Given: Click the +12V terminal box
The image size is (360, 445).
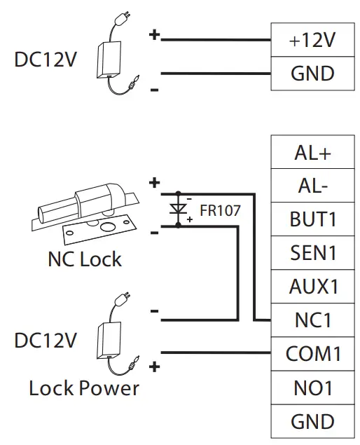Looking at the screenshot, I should [x=312, y=41].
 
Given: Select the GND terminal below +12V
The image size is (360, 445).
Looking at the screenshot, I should [x=312, y=73].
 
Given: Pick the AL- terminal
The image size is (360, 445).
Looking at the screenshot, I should [x=312, y=186].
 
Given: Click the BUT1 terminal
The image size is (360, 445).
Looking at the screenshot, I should [x=312, y=219].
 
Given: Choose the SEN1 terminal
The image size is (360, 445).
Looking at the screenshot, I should [x=312, y=253].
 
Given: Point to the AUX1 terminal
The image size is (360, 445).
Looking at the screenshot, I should [x=312, y=287].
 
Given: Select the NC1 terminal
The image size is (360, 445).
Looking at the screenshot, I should [x=312, y=320].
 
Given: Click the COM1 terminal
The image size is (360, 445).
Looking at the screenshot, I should [x=312, y=354].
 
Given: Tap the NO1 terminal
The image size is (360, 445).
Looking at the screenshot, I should [x=312, y=388].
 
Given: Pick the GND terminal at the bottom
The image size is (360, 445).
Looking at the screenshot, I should [x=312, y=421].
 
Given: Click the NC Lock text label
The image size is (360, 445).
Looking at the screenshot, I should [x=84, y=259].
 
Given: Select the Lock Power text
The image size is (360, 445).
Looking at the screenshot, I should [x=84, y=388].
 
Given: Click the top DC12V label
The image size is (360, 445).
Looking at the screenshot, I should [x=46, y=60].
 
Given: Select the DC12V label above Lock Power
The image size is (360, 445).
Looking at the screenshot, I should [x=46, y=341].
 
